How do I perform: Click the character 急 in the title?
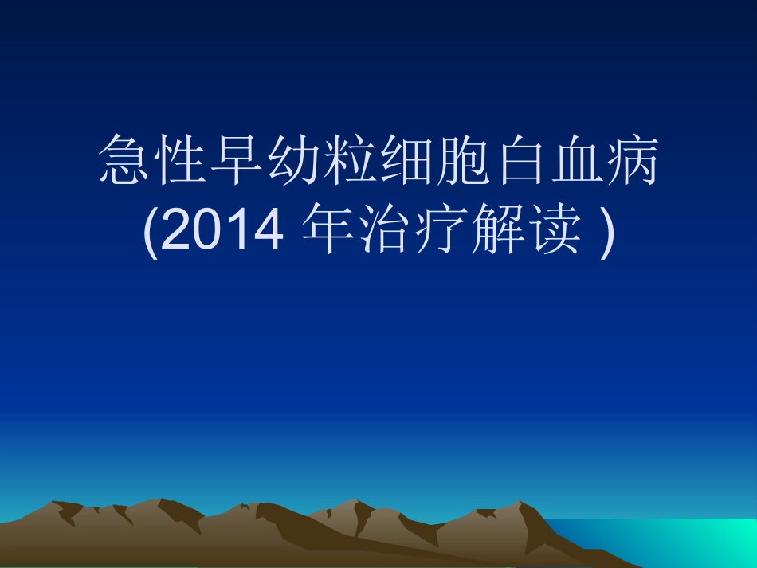(124, 163)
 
